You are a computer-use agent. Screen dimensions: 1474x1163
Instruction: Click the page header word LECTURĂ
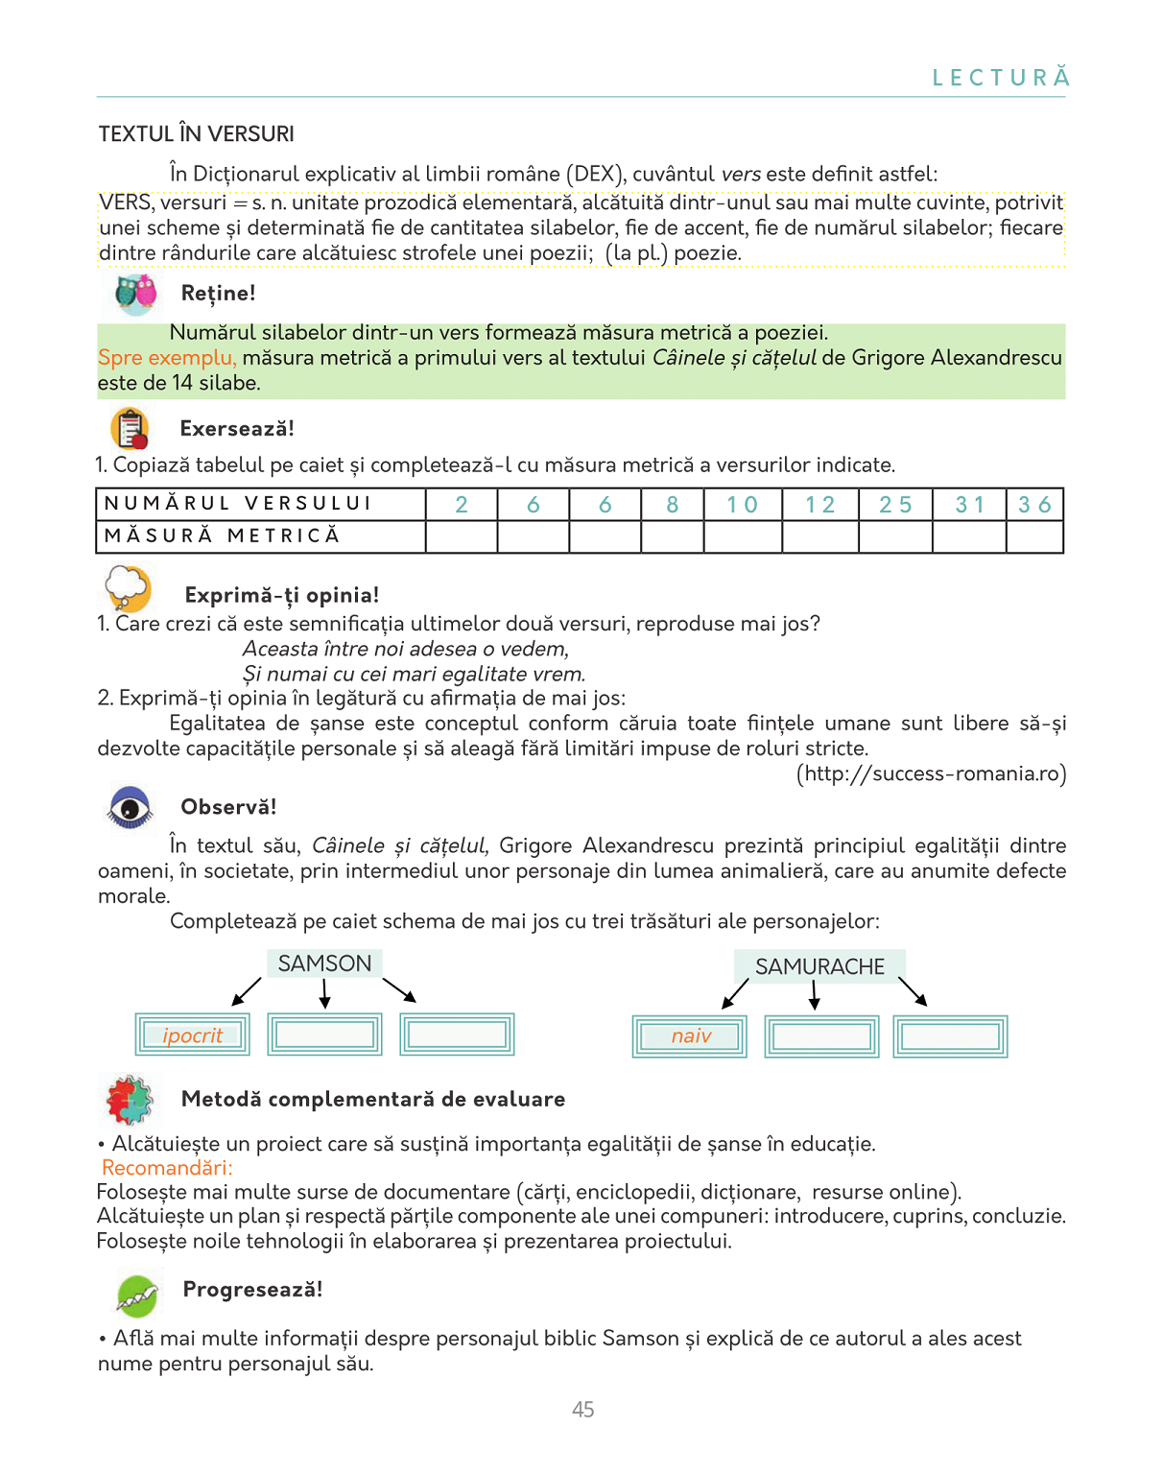1001,78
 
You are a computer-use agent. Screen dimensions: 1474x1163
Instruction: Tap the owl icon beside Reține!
135,294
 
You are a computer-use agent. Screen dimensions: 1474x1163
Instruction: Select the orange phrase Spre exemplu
167,358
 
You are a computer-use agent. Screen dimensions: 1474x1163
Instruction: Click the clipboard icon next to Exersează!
131,428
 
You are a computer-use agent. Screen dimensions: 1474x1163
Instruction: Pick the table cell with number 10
742,505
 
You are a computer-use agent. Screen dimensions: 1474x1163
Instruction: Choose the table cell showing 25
895,505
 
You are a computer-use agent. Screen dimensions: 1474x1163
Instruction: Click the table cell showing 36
1034,505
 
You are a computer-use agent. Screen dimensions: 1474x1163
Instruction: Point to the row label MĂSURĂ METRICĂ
223,535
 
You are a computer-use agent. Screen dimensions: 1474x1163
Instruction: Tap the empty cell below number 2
462,536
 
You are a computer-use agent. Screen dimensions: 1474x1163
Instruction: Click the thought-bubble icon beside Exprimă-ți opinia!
128,587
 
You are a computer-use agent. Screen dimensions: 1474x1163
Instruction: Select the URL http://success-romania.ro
931,773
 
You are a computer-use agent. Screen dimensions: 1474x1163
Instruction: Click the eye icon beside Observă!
130,807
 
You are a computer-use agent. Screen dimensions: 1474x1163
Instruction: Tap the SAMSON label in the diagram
324,963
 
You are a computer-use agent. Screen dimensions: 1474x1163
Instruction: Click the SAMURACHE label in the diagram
819,966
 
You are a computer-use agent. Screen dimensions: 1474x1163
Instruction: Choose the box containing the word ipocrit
192,1034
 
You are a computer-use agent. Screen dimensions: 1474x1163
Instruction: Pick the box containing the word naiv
690,1036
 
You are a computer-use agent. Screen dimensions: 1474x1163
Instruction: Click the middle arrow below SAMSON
325,993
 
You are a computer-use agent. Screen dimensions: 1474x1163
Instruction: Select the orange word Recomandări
167,1168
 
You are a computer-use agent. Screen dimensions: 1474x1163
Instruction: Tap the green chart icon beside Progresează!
137,1296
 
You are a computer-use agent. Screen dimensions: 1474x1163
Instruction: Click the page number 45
582,1410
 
